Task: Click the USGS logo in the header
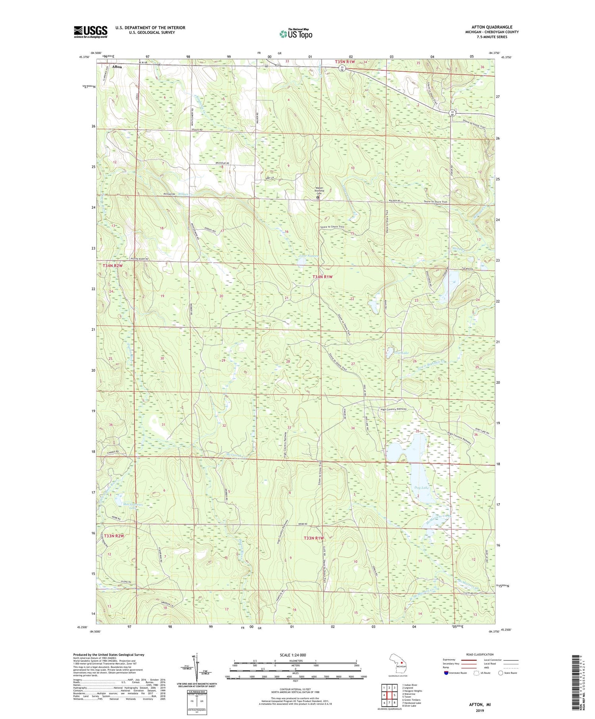point(90,32)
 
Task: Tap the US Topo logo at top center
point(296,34)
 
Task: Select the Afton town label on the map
point(117,67)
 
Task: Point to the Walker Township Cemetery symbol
point(318,197)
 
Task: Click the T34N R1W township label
point(322,277)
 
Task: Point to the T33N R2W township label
point(114,536)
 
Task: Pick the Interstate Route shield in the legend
point(446,673)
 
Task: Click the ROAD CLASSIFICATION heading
point(480,654)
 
